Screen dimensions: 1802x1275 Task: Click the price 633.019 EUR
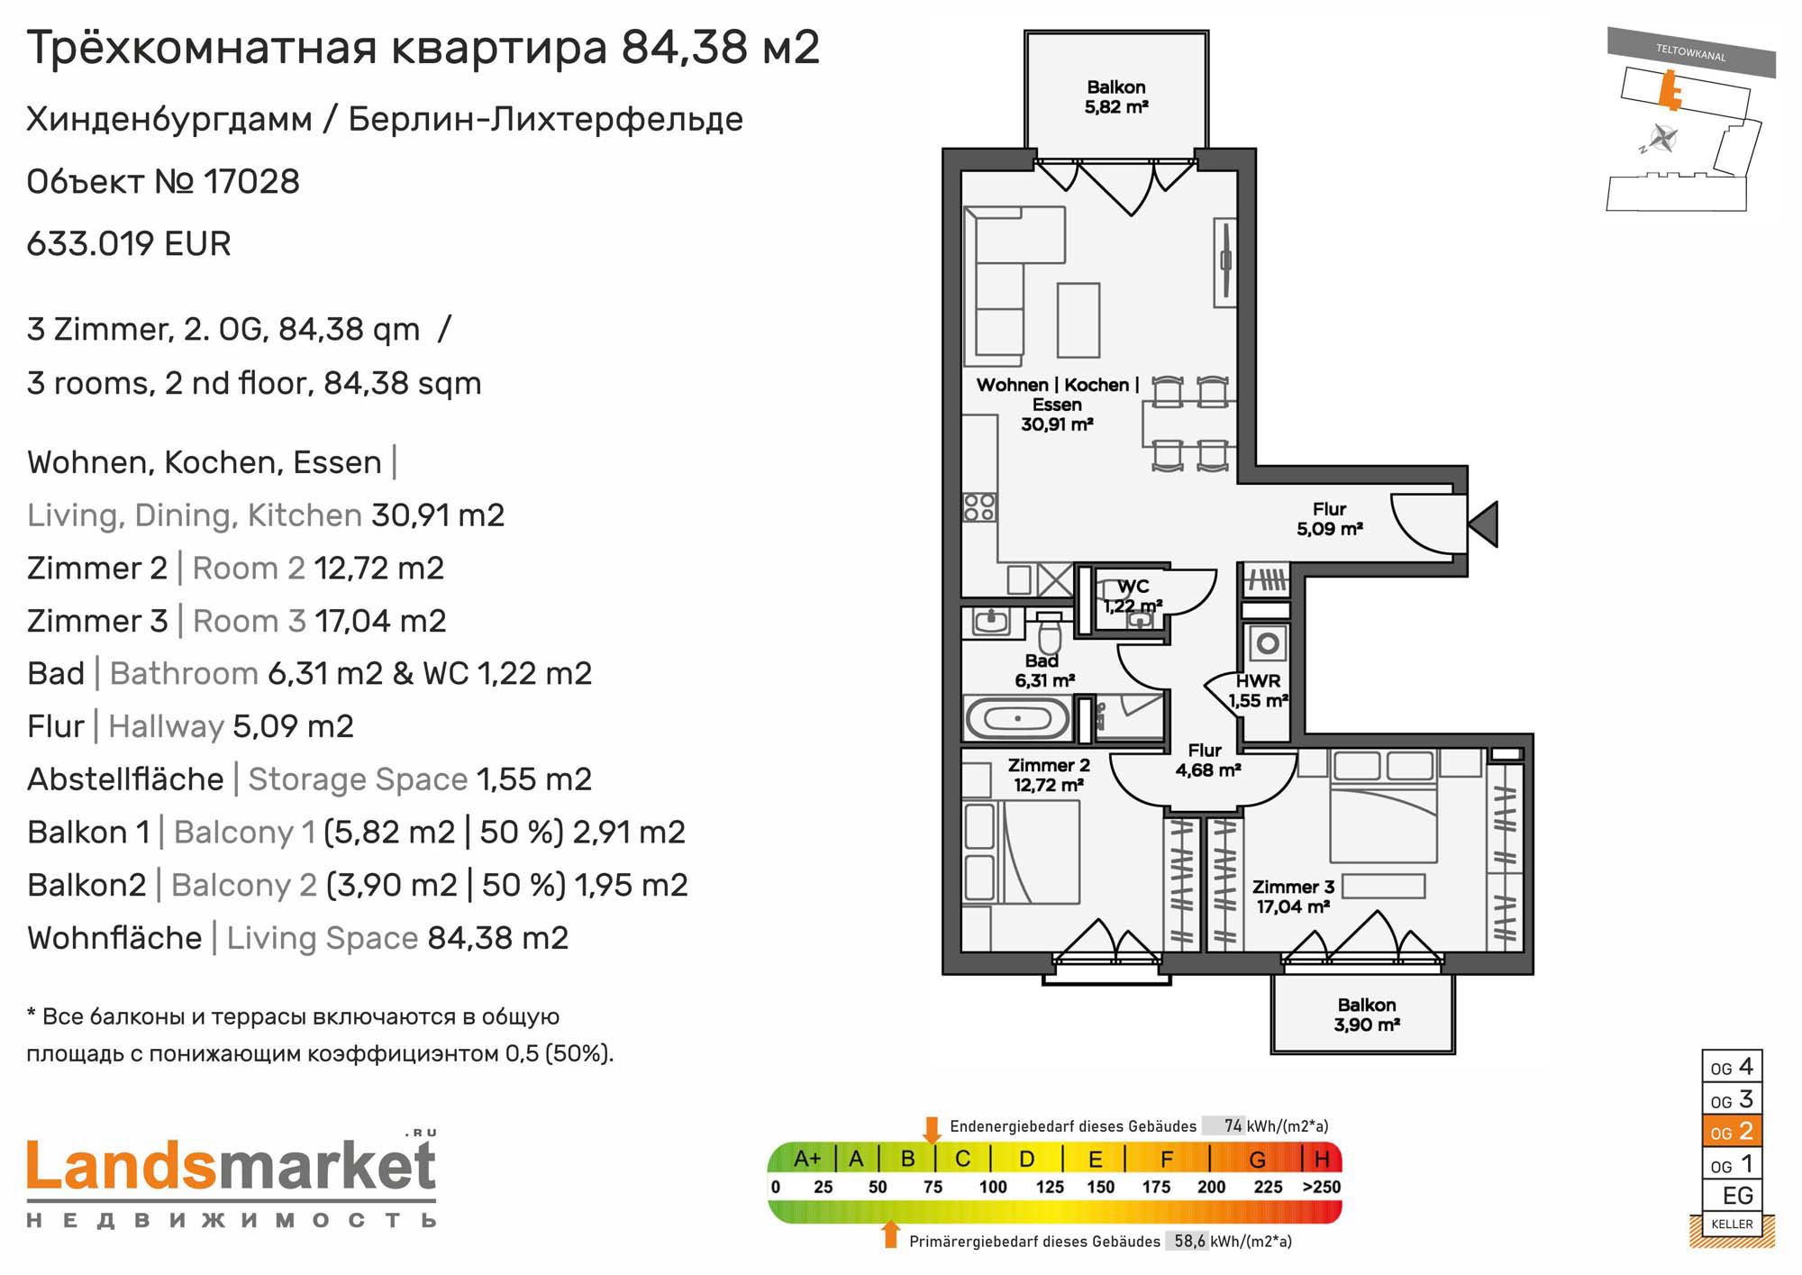tap(129, 243)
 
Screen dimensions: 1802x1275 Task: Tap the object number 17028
tap(251, 181)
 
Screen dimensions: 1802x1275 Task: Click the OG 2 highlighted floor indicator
tap(1731, 1131)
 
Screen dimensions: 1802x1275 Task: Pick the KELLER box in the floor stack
tap(1731, 1224)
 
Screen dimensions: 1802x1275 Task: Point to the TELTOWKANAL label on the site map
tap(1690, 53)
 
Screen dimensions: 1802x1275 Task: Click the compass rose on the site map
tap(1663, 140)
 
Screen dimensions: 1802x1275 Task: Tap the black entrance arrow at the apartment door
tap(1484, 524)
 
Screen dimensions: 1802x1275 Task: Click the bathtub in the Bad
tap(1017, 718)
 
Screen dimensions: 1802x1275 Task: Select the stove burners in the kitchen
tap(979, 506)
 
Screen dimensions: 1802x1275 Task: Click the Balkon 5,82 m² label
tap(1116, 96)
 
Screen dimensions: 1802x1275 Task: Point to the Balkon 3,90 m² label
tap(1367, 1015)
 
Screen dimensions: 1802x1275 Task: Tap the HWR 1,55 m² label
tap(1258, 690)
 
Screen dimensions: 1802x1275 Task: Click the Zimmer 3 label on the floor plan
tap(1293, 897)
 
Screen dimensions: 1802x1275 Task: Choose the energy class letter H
tap(1322, 1158)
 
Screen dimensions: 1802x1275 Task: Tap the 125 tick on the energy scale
tap(1050, 1187)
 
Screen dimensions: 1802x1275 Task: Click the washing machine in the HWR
tap(1268, 643)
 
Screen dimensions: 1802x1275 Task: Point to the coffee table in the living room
tap(1078, 320)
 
